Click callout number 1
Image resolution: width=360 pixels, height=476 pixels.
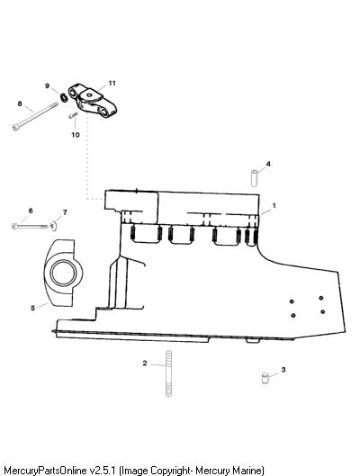tap(274, 205)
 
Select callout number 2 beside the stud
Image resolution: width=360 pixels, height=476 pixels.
tap(145, 363)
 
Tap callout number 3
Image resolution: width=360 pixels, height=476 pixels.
tap(283, 370)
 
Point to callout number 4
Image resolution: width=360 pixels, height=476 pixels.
tap(268, 164)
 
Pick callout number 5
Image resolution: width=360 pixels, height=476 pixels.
tap(32, 308)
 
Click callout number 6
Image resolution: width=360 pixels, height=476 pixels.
tap(31, 211)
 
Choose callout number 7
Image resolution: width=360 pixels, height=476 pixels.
tap(65, 211)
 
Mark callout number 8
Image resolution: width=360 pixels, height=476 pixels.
tap(20, 103)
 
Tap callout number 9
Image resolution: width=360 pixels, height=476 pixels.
tap(47, 85)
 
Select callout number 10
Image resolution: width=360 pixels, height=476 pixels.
tap(76, 134)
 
